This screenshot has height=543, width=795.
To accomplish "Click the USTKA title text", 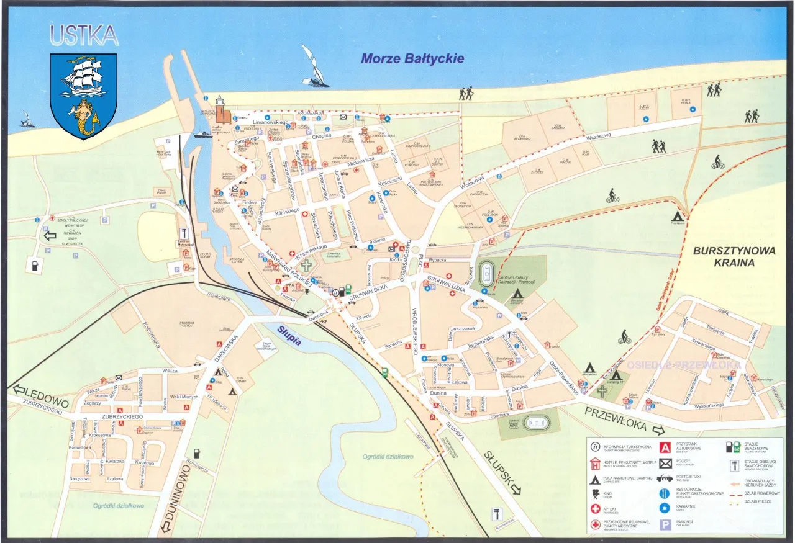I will [x=84, y=35].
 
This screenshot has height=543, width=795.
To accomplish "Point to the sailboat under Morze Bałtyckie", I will [x=314, y=66].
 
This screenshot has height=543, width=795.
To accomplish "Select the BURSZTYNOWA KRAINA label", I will [x=725, y=257].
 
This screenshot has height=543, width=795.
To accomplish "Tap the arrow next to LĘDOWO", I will [x=18, y=390].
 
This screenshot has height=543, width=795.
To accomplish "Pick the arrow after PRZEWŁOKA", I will [x=658, y=429].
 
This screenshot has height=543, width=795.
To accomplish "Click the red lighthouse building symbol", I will [x=220, y=110].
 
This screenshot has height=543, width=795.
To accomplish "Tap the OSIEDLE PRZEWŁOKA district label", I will [x=683, y=365].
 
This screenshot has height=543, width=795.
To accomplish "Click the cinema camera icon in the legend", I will [x=596, y=495].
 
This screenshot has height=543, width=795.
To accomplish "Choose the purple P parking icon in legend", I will [x=665, y=525].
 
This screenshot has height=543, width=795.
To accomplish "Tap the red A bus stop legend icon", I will [x=665, y=447].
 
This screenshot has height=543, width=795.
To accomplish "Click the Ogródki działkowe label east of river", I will [x=388, y=457].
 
